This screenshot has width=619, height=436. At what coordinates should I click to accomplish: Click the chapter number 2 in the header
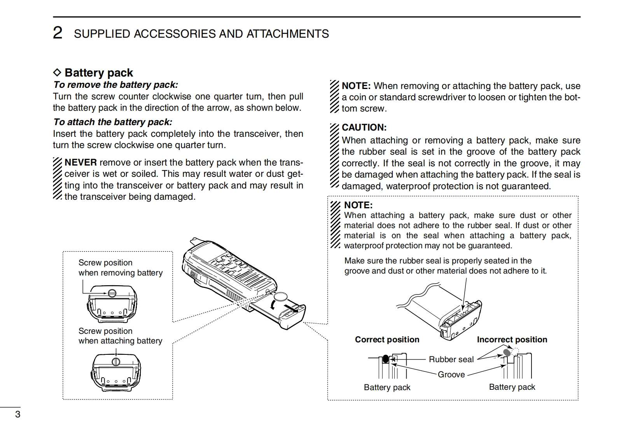[58, 33]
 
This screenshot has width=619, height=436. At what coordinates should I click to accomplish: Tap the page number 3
[17, 414]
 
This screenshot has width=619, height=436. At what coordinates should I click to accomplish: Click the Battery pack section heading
[99, 73]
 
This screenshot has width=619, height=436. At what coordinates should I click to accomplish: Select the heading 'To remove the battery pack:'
[115, 85]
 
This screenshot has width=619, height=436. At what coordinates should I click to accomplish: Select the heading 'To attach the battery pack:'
[113, 122]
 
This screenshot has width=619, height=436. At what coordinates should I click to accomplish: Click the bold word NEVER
[80, 162]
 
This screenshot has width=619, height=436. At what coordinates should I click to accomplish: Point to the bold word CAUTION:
[364, 127]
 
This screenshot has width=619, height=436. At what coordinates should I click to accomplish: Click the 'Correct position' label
[387, 340]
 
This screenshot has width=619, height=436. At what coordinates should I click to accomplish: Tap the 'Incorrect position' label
[512, 340]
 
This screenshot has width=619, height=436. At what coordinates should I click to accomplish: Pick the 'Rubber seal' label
[451, 359]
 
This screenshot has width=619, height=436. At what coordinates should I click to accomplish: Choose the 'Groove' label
[451, 375]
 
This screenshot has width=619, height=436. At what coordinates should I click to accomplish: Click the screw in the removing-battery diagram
[112, 293]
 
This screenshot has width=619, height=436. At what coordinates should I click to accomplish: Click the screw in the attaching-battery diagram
[116, 362]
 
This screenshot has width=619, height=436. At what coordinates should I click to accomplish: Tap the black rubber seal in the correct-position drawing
[385, 359]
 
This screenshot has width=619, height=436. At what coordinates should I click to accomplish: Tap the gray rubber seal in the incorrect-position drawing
[507, 352]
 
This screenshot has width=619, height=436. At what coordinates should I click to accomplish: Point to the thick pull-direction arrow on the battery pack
[294, 309]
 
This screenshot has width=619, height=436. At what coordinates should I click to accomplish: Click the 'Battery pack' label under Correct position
[387, 387]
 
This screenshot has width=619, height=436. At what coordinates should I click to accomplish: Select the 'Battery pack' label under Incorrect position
[512, 387]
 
